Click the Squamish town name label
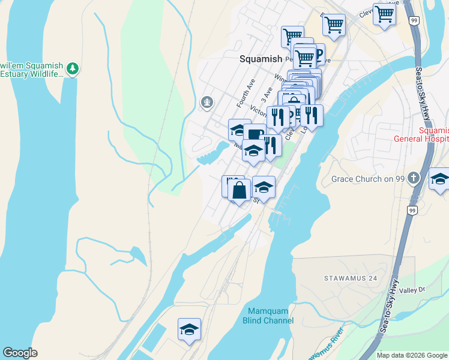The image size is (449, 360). (261, 59)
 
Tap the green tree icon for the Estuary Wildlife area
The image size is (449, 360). (73, 68)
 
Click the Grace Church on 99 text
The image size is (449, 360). (367, 179)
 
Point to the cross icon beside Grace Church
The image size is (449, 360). (413, 178)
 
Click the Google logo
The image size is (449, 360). (20, 353)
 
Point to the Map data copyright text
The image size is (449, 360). (412, 355)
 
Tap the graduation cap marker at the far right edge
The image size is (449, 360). (439, 179)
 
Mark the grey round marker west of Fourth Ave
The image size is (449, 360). (207, 103)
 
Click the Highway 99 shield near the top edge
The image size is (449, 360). (414, 21)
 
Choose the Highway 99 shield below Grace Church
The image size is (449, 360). (412, 211)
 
